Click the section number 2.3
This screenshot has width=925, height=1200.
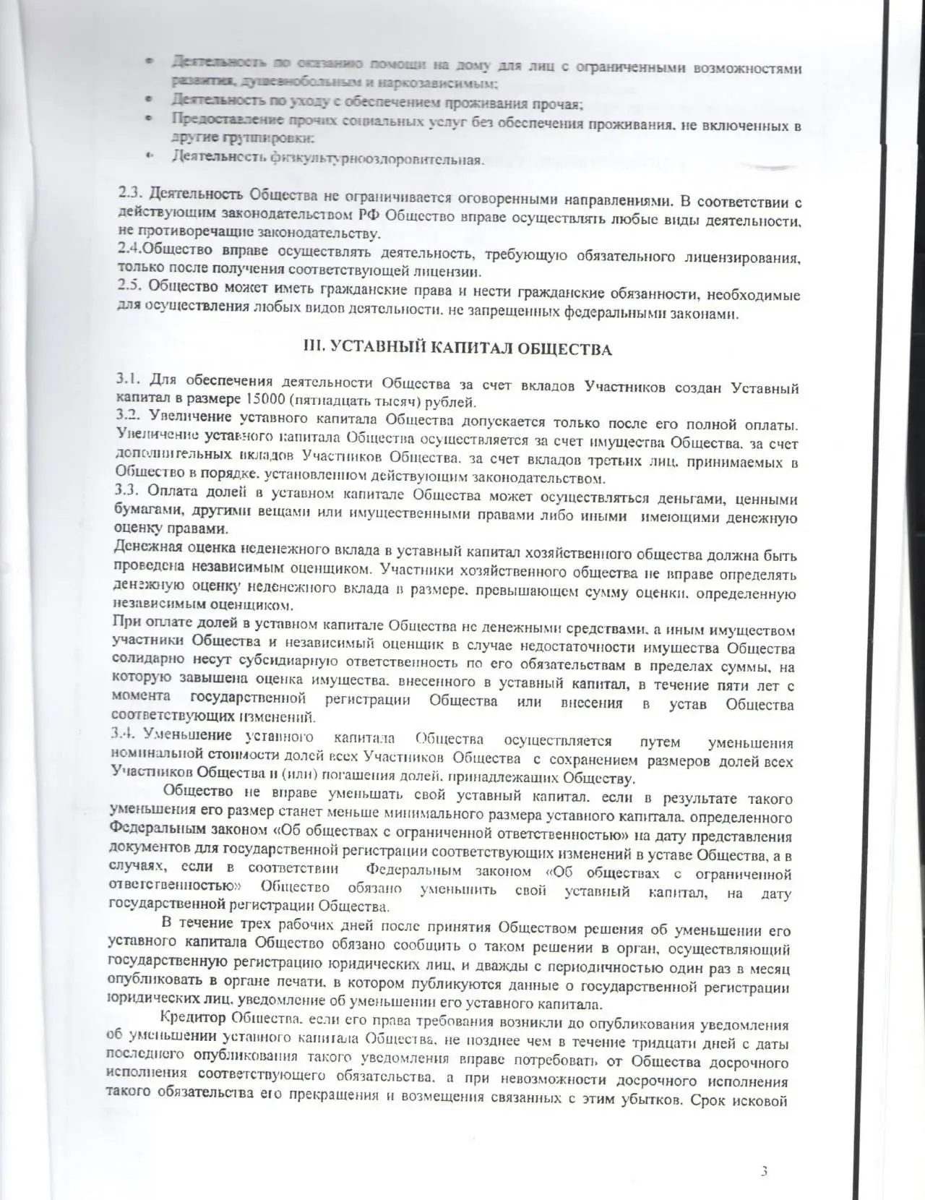click(x=131, y=197)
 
